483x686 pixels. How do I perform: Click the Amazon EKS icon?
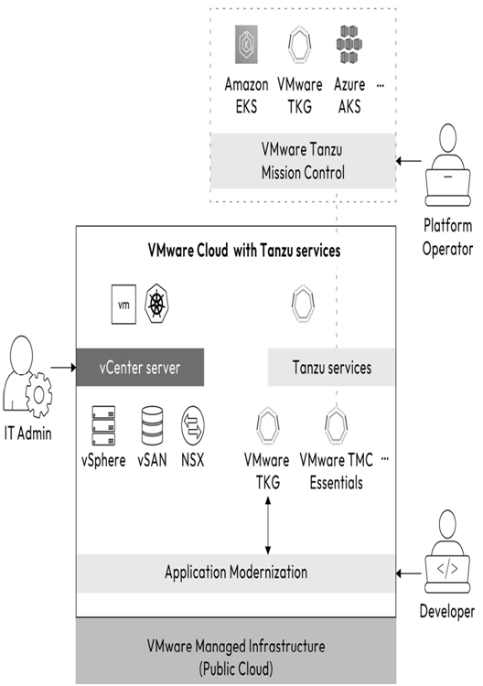246,44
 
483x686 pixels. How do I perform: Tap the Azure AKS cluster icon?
349,44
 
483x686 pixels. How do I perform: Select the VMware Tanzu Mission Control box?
303,161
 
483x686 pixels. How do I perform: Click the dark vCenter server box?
140,367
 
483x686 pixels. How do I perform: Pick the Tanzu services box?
331,367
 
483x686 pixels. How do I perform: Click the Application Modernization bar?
236,573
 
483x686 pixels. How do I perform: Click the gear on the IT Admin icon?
38,394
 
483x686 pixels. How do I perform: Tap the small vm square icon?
123,304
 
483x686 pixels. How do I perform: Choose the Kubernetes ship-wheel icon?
156,304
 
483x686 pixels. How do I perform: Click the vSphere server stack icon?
103,425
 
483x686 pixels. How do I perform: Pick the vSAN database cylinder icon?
152,425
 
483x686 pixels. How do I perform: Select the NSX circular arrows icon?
192,425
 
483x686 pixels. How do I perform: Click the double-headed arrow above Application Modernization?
268,526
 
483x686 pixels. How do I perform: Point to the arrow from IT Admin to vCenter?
63,368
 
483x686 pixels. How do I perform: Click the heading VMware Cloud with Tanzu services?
244,251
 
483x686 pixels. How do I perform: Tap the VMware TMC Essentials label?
336,471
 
